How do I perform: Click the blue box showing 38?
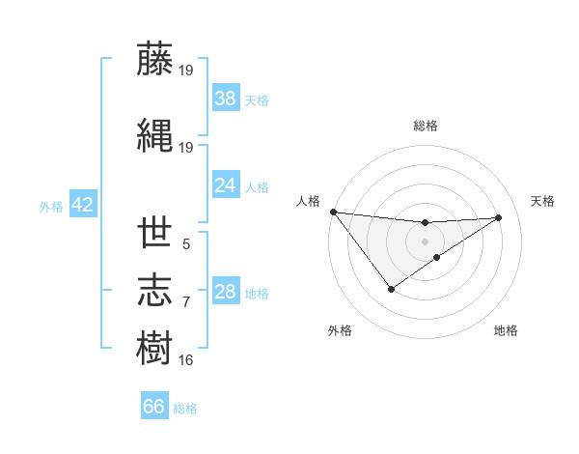pyautogui.click(x=226, y=99)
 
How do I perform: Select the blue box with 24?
pyautogui.click(x=226, y=185)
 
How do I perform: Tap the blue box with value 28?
pyautogui.click(x=226, y=293)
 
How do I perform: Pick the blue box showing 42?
pyautogui.click(x=82, y=205)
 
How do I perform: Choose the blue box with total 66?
pyautogui.click(x=154, y=407)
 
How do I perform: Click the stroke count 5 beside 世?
pyautogui.click(x=186, y=244)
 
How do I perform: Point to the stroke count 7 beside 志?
pyautogui.click(x=186, y=302)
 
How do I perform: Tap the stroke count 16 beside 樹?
pyautogui.click(x=186, y=360)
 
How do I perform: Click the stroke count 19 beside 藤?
pyautogui.click(x=186, y=70)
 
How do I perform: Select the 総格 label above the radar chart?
pyautogui.click(x=426, y=126)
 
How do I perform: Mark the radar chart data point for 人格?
pyautogui.click(x=333, y=212)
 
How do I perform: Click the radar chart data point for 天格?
pyautogui.click(x=499, y=217)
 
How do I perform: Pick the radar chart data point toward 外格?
pyautogui.click(x=391, y=289)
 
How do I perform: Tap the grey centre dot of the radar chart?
pyautogui.click(x=426, y=241)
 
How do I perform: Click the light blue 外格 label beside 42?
pyautogui.click(x=51, y=206)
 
